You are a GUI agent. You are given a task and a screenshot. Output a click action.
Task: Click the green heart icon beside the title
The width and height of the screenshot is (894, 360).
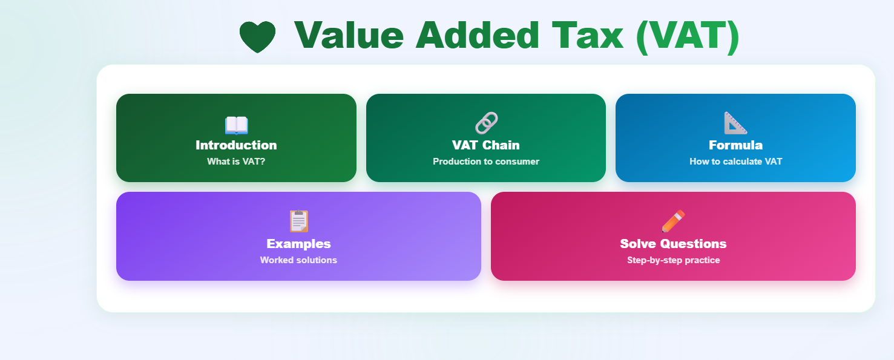(x=257, y=36)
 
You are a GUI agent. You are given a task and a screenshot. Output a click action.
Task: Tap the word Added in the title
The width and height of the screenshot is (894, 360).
(x=477, y=35)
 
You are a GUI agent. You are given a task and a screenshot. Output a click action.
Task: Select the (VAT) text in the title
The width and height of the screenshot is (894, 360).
(x=688, y=35)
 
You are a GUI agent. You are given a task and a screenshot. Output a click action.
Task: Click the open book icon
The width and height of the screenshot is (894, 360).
(x=236, y=125)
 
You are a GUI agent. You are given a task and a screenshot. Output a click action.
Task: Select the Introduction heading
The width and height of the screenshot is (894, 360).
(x=236, y=145)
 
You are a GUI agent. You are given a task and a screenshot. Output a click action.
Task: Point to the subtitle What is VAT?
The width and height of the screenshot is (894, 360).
(x=236, y=162)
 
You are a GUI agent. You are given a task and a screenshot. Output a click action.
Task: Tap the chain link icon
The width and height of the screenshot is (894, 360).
(x=486, y=123)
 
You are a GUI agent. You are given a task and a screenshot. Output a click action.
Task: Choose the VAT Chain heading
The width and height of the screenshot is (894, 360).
(x=486, y=145)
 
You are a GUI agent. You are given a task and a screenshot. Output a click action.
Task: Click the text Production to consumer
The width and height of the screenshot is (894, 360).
(x=486, y=162)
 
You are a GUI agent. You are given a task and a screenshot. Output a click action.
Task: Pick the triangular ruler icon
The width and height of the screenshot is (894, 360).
(x=735, y=123)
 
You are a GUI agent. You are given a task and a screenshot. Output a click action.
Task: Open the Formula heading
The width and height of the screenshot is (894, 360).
(x=735, y=145)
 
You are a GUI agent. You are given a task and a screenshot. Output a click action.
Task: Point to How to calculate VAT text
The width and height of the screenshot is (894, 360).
(x=735, y=162)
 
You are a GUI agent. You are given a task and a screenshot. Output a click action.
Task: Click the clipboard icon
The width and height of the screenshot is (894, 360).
(x=298, y=221)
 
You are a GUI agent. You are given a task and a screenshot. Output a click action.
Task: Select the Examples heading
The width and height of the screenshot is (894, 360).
(x=298, y=244)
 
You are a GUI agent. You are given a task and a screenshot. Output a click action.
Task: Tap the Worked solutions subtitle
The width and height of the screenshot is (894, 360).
(x=298, y=260)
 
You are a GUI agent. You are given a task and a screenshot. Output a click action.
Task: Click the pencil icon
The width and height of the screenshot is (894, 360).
(x=673, y=221)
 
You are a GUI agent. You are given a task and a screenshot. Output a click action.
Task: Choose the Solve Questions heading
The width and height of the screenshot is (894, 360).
(x=673, y=244)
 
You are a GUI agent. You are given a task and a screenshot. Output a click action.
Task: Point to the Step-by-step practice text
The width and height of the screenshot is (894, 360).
(x=673, y=260)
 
